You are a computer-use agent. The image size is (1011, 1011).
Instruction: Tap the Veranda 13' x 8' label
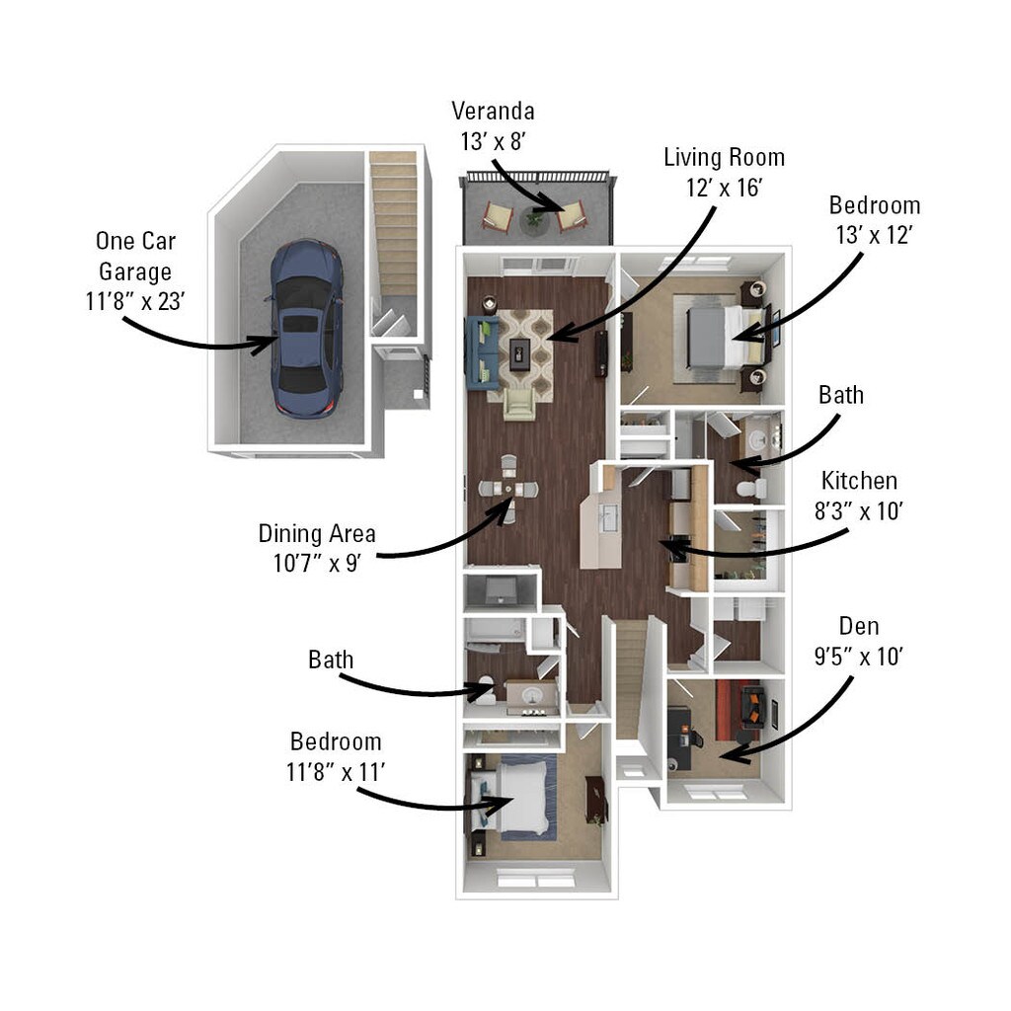coord(493,125)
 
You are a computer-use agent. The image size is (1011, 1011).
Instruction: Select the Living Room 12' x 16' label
coord(724,172)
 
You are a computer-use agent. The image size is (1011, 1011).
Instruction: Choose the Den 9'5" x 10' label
coord(858,642)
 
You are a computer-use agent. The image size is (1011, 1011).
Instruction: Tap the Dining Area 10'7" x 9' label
coord(317,548)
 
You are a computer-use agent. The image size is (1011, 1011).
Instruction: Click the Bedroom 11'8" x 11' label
coord(335,755)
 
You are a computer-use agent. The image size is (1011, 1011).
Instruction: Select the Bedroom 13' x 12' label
coord(875,220)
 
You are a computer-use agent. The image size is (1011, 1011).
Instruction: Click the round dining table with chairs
coord(507,488)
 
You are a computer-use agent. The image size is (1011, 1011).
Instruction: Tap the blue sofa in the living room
coord(480,349)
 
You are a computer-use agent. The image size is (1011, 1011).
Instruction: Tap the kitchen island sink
coord(608,515)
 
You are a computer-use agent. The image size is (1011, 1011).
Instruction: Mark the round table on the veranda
coord(534,219)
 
